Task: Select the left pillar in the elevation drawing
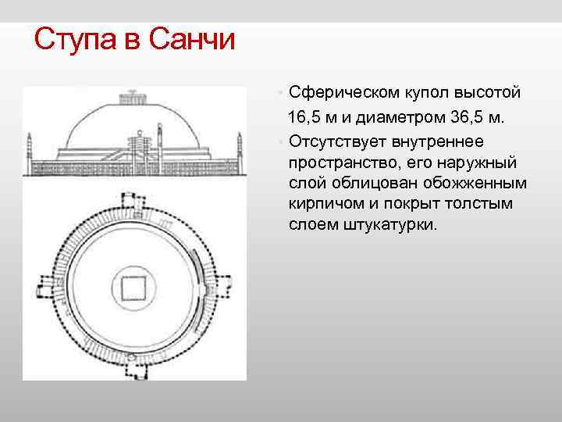tap(30, 145)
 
